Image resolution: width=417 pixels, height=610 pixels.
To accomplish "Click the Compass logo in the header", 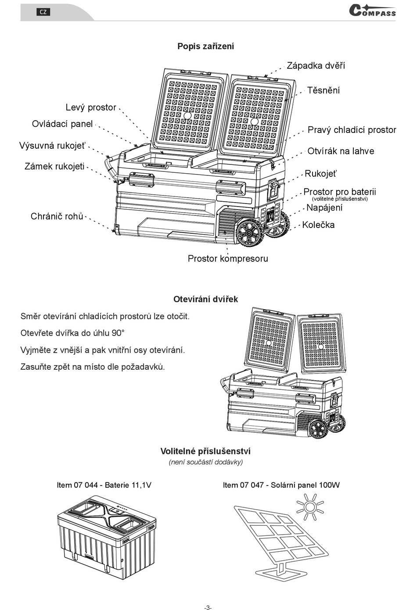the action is click(x=372, y=11).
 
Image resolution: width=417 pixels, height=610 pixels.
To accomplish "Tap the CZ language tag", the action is click(x=43, y=12).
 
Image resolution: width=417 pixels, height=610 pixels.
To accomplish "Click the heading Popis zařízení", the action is click(x=205, y=46).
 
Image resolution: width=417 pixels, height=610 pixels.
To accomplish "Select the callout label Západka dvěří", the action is click(x=316, y=66).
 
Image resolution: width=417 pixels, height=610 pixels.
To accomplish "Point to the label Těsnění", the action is click(x=323, y=90).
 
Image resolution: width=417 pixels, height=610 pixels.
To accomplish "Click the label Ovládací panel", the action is click(x=62, y=124).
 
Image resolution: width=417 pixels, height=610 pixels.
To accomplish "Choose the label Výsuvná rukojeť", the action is click(x=53, y=146).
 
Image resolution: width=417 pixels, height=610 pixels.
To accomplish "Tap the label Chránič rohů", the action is click(x=57, y=216).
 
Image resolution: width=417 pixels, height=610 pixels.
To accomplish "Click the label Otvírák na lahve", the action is click(x=341, y=151).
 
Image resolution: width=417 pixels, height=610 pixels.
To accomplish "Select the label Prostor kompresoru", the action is click(x=227, y=258).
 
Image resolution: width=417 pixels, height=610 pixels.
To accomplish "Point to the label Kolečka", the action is click(x=318, y=225).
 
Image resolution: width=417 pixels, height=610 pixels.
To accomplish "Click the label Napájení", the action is click(x=324, y=207).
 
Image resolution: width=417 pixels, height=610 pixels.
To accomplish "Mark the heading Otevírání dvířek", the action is click(x=205, y=299).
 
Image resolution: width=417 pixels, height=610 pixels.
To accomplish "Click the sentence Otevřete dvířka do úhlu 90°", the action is click(x=72, y=333).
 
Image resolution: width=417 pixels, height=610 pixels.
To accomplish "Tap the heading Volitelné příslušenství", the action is click(x=205, y=451).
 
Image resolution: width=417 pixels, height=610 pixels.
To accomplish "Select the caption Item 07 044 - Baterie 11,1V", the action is click(x=104, y=485).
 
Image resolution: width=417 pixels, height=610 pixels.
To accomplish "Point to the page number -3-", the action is click(x=208, y=607).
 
